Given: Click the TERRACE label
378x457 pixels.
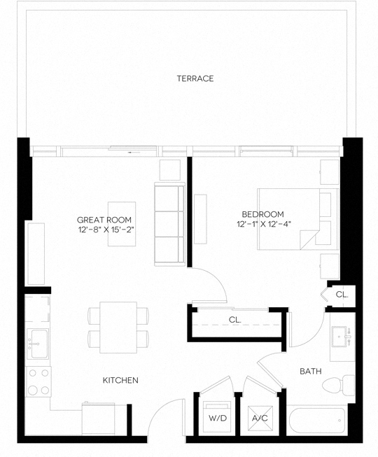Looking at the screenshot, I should coord(195,78).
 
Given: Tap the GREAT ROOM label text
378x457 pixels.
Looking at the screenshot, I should coord(104,218).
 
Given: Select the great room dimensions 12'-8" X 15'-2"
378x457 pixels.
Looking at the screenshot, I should coord(104,229).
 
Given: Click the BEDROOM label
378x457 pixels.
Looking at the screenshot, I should coord(262,214).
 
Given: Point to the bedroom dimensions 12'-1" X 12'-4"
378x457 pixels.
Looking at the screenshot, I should coord(263,224).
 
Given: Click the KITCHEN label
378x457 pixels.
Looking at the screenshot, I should coord(120,381).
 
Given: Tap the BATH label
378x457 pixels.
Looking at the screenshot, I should coord(310,371).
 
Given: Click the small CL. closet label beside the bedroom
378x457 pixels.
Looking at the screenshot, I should coord(342,295).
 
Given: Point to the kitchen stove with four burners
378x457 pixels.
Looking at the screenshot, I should coord(38,382).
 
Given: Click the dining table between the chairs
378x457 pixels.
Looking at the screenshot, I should coord(118,327).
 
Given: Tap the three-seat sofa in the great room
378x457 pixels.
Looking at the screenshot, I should coord(168,225).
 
